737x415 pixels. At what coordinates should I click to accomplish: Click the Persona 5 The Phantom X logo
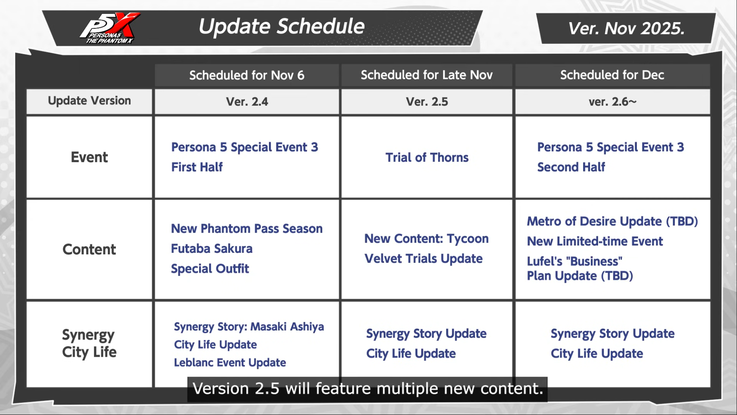109,28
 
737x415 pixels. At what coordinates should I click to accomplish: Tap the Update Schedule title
281,27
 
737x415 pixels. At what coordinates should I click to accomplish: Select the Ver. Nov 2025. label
626,28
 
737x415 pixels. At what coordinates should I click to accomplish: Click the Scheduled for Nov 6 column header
247,75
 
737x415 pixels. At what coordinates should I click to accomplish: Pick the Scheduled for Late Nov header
427,75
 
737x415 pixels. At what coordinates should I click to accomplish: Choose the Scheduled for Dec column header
612,75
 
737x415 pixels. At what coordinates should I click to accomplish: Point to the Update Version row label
89,101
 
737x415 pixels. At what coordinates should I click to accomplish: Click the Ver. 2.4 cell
247,102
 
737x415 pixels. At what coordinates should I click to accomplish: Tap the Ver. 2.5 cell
427,102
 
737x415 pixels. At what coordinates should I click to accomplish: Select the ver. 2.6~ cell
613,102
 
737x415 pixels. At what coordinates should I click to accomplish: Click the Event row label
89,157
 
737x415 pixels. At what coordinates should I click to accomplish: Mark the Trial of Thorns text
427,157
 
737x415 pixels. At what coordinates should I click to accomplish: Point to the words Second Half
571,167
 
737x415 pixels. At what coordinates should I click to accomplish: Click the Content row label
89,250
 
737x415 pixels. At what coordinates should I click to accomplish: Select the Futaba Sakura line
212,249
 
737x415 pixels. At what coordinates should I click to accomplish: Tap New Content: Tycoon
426,239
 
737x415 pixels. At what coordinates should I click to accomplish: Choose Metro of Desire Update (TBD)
612,222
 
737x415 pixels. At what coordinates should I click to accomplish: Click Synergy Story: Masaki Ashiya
249,327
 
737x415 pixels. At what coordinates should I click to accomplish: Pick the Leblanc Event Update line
230,363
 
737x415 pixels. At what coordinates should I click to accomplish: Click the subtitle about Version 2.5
367,389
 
